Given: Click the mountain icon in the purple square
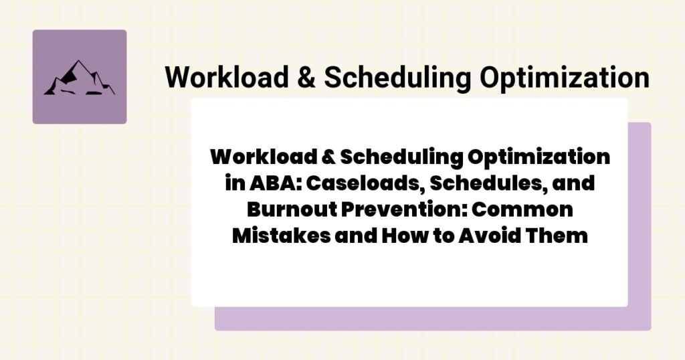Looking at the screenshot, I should (79, 77).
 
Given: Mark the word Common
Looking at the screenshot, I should (518, 209).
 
